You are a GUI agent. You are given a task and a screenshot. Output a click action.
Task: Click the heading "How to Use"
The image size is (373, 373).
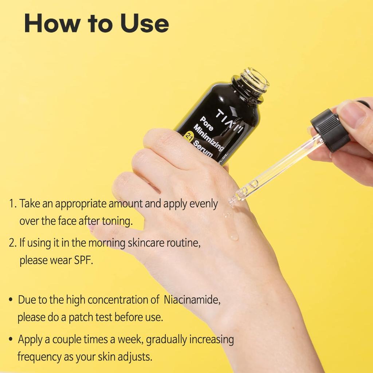(96, 23)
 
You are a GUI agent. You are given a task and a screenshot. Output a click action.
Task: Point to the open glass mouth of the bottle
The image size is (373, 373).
(255, 78)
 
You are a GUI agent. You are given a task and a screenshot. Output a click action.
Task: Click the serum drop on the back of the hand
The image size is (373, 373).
(232, 235)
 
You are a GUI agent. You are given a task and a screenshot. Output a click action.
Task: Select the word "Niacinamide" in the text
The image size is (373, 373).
(192, 300)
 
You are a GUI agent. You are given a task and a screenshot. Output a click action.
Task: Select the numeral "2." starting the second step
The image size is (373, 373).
(13, 243)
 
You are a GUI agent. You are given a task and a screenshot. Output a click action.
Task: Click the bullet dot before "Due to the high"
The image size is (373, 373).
(11, 301)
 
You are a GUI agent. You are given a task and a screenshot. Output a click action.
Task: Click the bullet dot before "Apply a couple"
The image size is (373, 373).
(11, 340)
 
